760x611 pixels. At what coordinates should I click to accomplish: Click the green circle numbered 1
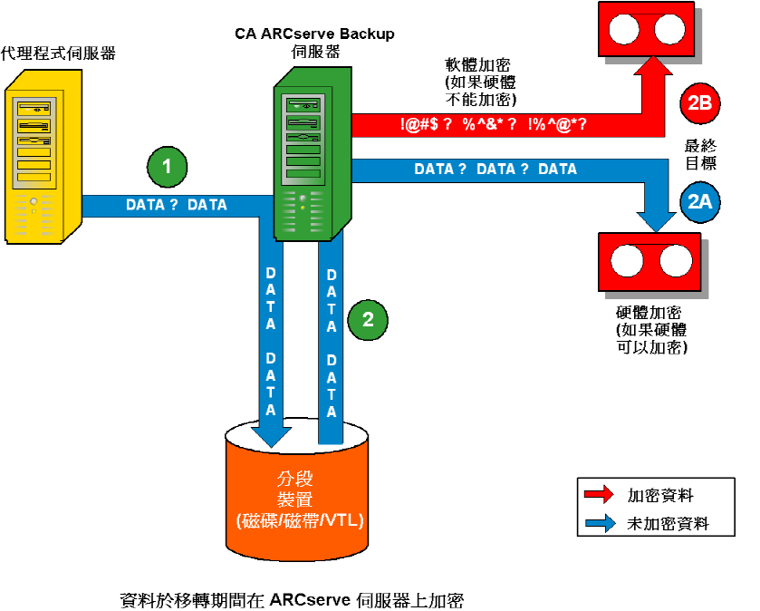pyautogui.click(x=166, y=167)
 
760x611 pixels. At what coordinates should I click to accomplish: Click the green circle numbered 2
pyautogui.click(x=367, y=318)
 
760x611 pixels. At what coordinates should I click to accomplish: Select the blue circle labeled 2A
pyautogui.click(x=699, y=203)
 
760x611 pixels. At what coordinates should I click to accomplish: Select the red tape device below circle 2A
pyautogui.click(x=651, y=263)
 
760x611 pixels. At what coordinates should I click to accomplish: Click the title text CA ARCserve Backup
pyautogui.click(x=315, y=34)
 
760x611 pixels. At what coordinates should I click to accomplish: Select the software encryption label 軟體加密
pyautogui.click(x=476, y=65)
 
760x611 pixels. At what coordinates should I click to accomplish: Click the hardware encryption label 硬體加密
pyautogui.click(x=649, y=313)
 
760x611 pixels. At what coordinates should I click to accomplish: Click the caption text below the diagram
pyautogui.click(x=292, y=599)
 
